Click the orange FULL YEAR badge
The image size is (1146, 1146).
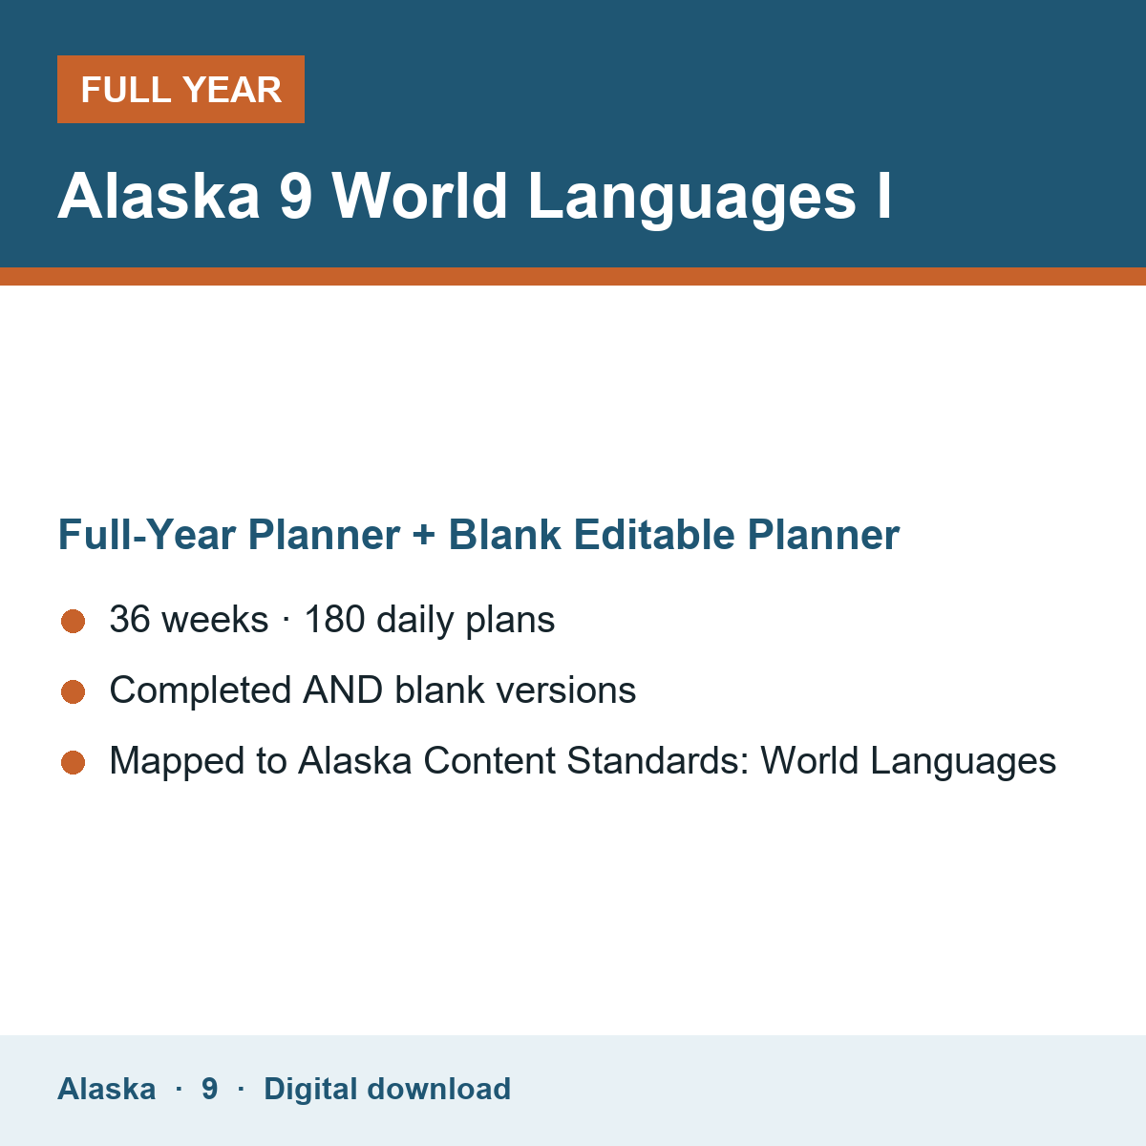(x=180, y=89)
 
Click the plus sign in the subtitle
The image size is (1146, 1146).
(x=424, y=535)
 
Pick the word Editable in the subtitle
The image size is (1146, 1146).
(x=653, y=535)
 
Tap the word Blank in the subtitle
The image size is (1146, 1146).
(x=504, y=535)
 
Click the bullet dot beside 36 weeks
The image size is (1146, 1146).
(x=74, y=622)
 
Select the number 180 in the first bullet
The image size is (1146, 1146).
(x=334, y=619)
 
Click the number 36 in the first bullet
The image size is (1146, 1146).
(x=130, y=619)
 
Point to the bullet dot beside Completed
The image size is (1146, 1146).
(x=74, y=692)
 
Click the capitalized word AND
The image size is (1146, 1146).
(x=343, y=690)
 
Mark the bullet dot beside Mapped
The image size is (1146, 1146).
(x=74, y=763)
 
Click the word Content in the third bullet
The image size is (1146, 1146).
(x=490, y=760)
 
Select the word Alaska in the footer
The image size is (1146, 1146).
(x=106, y=1089)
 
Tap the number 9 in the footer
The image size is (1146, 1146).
(x=209, y=1089)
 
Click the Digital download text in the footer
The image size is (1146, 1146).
(x=387, y=1090)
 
